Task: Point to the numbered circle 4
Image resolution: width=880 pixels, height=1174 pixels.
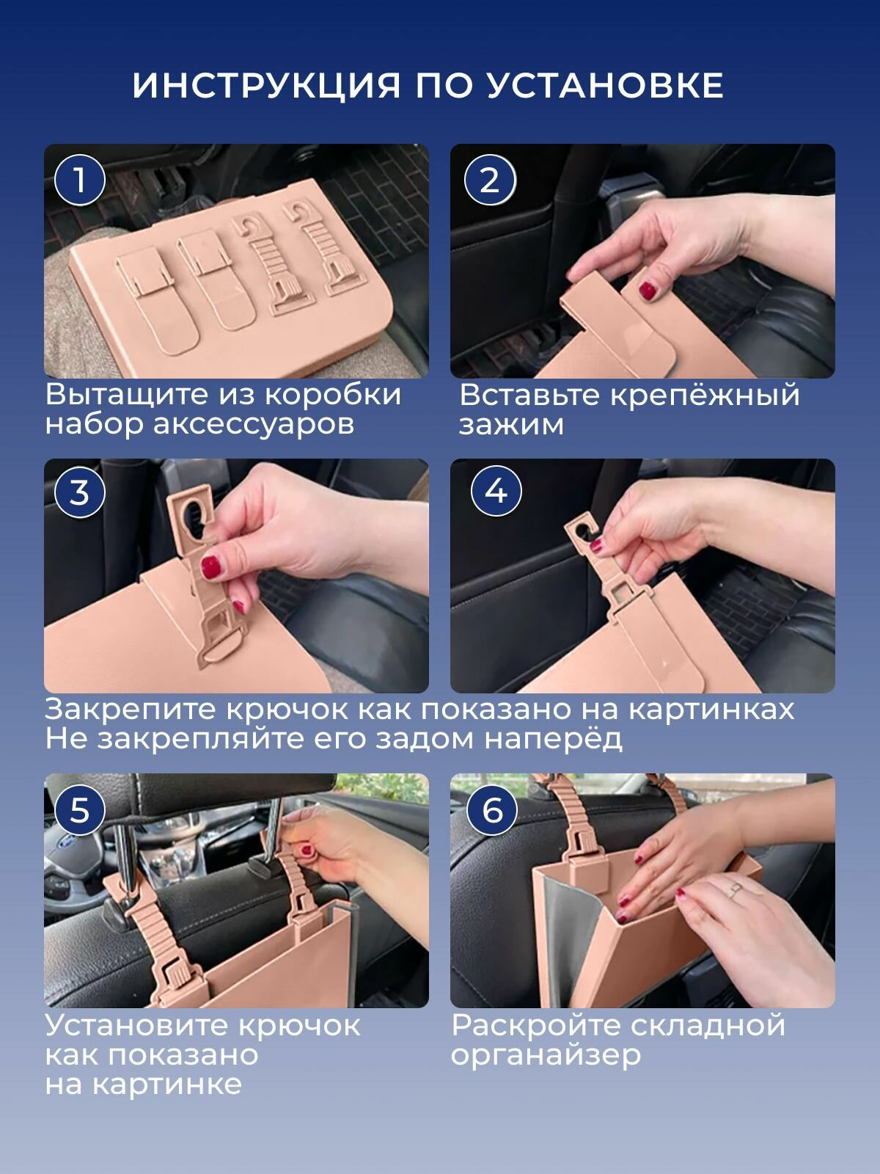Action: click(496, 491)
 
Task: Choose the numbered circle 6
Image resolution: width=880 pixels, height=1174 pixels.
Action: click(492, 809)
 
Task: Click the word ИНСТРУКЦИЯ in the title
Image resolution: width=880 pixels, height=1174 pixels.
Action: click(266, 86)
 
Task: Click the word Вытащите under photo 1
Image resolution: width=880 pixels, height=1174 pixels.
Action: click(127, 395)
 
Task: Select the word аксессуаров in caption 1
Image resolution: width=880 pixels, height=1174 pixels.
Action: click(253, 425)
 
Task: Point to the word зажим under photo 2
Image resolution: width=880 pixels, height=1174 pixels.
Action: click(511, 425)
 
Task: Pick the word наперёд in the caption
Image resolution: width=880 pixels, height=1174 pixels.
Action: click(554, 739)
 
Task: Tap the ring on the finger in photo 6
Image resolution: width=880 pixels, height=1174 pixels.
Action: click(736, 889)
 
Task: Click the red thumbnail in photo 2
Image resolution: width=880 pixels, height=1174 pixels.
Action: click(648, 291)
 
